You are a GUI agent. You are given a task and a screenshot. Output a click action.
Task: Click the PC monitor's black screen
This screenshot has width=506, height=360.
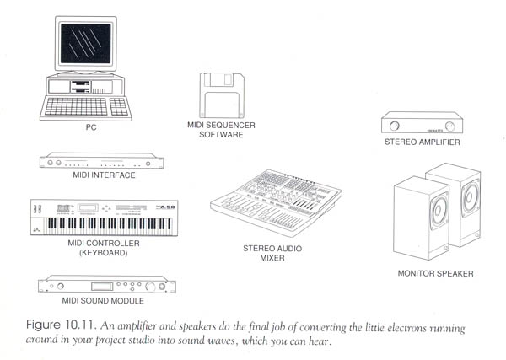86,43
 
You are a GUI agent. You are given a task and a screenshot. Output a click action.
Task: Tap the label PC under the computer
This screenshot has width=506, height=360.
91,127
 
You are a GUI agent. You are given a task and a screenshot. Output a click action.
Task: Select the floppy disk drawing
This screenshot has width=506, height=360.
222,95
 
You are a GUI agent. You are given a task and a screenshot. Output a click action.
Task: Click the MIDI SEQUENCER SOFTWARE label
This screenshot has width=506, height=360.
221,130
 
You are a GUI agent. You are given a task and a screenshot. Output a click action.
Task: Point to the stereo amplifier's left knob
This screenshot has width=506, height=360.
394,126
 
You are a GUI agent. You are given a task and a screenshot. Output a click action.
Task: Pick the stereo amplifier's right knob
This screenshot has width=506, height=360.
449,126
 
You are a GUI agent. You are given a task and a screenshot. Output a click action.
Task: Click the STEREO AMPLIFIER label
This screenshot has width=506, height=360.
423,142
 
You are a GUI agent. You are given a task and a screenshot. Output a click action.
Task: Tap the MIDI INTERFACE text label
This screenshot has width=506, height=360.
104,175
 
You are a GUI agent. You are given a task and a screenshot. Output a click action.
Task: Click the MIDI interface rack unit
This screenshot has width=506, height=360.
102,160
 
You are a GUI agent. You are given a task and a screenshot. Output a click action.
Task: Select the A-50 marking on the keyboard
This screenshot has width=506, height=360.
168,207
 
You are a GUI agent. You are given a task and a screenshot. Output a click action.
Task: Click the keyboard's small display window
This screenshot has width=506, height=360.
88,207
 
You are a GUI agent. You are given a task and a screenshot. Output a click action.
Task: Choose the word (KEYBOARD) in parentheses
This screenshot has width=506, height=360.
104,253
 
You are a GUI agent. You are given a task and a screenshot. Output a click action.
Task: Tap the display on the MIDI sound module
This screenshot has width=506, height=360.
102,287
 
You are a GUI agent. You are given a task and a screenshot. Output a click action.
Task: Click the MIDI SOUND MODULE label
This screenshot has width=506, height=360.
103,301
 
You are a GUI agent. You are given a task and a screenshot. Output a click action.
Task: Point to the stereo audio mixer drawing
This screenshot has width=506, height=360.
277,202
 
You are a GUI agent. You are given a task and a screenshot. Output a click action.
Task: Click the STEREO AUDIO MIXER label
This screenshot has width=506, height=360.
272,253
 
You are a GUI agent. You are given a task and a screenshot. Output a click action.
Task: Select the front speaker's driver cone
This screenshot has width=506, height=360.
439,210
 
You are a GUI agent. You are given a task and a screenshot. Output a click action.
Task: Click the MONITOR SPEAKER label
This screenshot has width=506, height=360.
436,273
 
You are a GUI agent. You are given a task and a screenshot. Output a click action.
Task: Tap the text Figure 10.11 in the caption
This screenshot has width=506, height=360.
61,325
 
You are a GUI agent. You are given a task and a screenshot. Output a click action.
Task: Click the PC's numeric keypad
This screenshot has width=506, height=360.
119,107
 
